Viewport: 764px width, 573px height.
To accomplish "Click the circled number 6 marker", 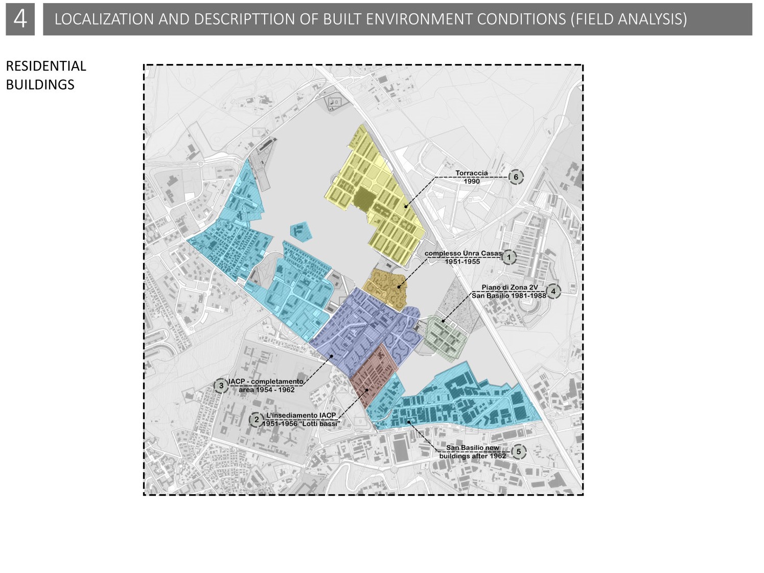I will coord(516,177).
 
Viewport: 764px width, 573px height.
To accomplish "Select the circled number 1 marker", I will coord(508,257).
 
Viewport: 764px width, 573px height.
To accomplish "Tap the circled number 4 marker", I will coord(553,291).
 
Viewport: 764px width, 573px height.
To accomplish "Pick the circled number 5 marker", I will coord(518,452).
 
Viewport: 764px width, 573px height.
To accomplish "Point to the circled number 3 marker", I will coord(221,386).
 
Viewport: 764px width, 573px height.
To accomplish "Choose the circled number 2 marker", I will coord(256,420).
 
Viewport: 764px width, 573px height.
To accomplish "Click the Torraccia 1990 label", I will coord(471,177).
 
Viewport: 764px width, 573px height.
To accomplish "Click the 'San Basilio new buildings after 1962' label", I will coord(473,452).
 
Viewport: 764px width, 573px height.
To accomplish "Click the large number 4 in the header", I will coord(20,19).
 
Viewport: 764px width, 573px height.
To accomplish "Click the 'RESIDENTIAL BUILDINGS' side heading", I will coord(45,75).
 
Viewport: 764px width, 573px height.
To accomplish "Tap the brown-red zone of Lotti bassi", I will coord(373,376).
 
